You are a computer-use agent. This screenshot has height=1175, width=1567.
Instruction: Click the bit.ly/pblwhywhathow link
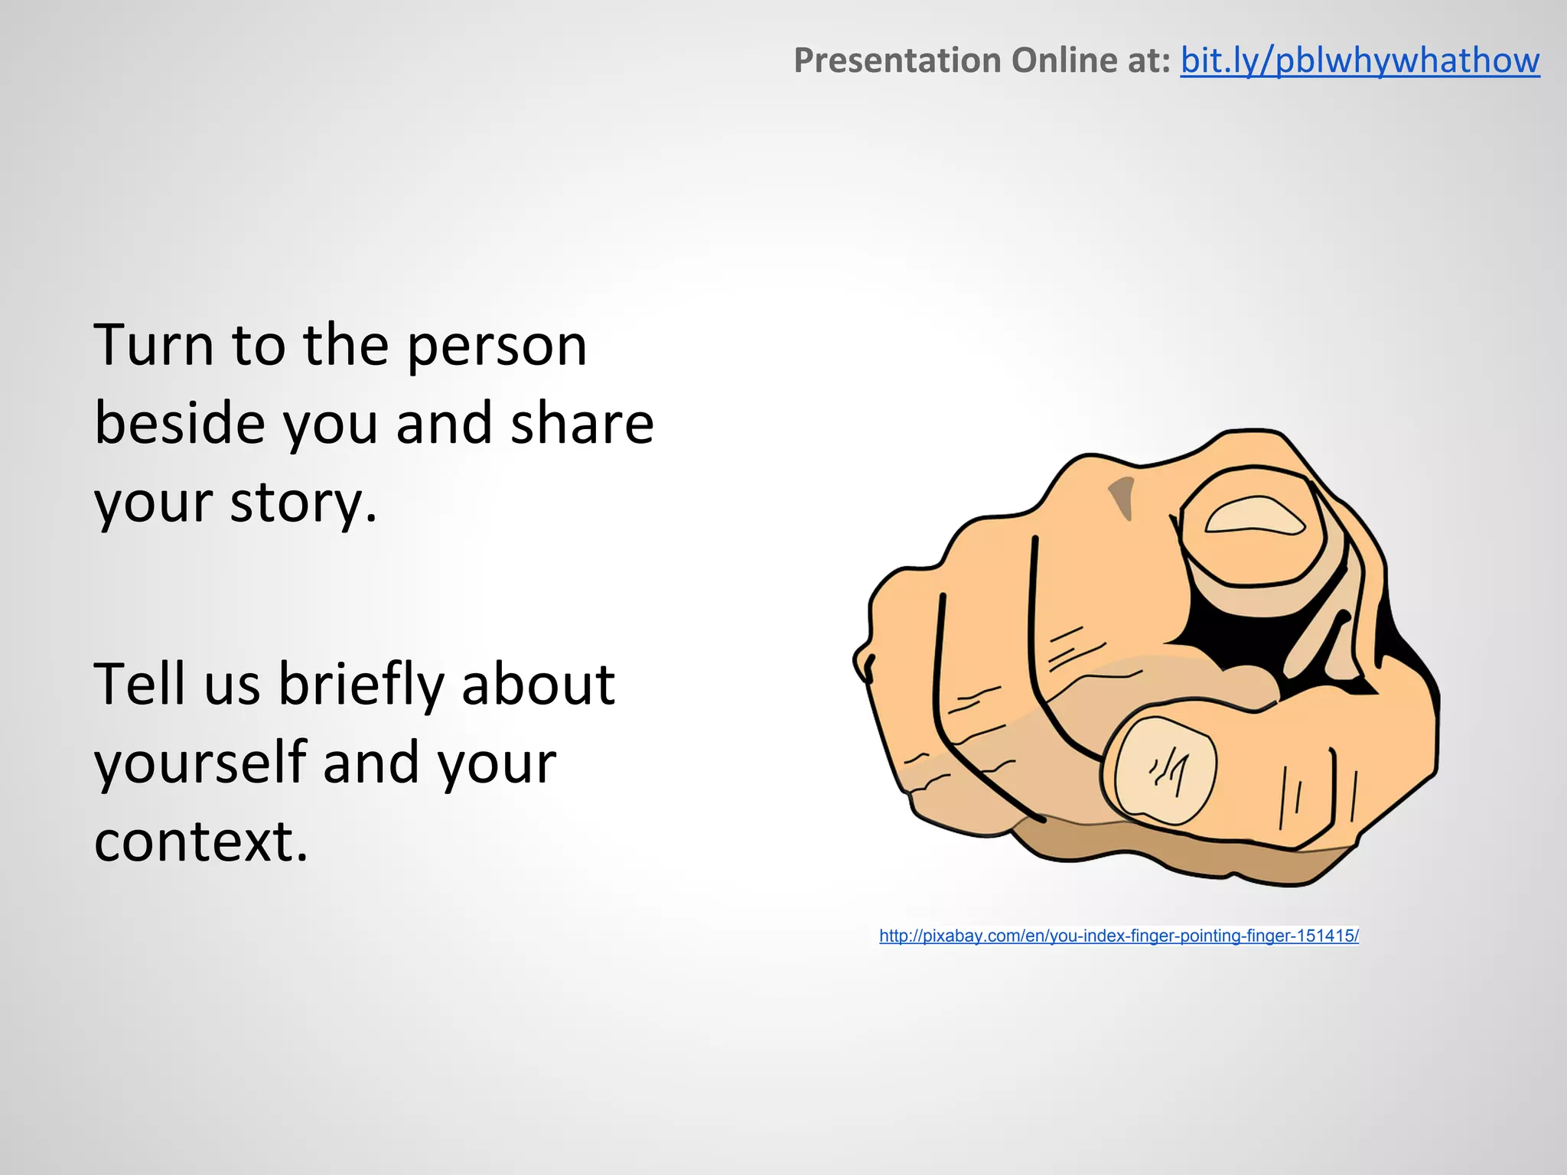pos(1359,60)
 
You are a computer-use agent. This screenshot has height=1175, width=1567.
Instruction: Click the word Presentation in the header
pos(898,60)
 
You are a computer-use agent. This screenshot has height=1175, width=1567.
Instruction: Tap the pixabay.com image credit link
pos(1119,936)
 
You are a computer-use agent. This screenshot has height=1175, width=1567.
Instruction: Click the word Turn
pos(153,345)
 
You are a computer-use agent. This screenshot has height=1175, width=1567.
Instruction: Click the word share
pos(582,424)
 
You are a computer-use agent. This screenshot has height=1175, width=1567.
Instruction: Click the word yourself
pos(200,763)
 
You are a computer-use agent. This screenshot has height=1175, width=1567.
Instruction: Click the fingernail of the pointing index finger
pos(1254,516)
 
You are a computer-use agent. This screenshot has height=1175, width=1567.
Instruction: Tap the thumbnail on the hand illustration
pos(1165,768)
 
